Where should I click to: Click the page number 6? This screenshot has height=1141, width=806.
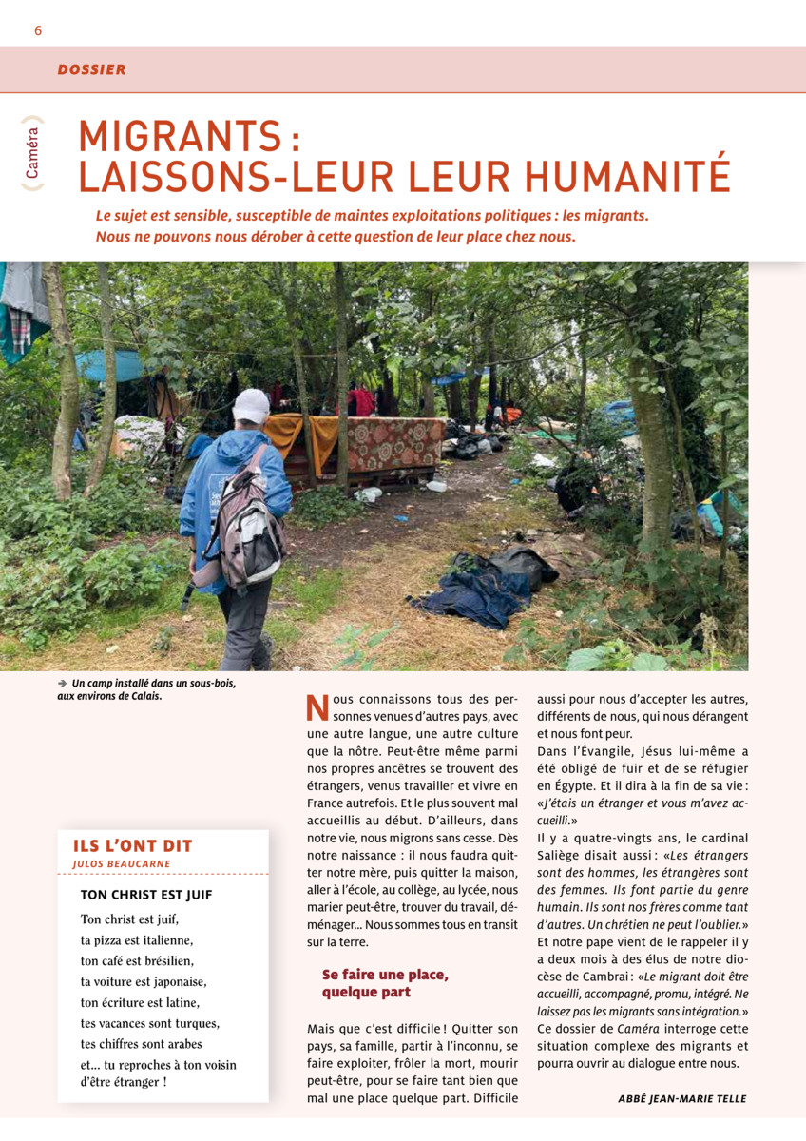(x=38, y=30)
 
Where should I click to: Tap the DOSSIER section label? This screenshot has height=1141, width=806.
(x=91, y=69)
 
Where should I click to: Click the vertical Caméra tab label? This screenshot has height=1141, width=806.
(x=33, y=153)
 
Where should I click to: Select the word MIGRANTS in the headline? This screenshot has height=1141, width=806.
(x=181, y=137)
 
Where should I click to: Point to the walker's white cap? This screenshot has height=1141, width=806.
(x=251, y=406)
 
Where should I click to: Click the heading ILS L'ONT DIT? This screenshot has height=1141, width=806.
(x=132, y=845)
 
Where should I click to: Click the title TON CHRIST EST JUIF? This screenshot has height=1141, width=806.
(x=146, y=895)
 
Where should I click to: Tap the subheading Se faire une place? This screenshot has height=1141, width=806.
(x=385, y=975)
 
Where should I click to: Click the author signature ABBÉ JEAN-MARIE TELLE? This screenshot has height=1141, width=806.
(x=681, y=1098)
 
